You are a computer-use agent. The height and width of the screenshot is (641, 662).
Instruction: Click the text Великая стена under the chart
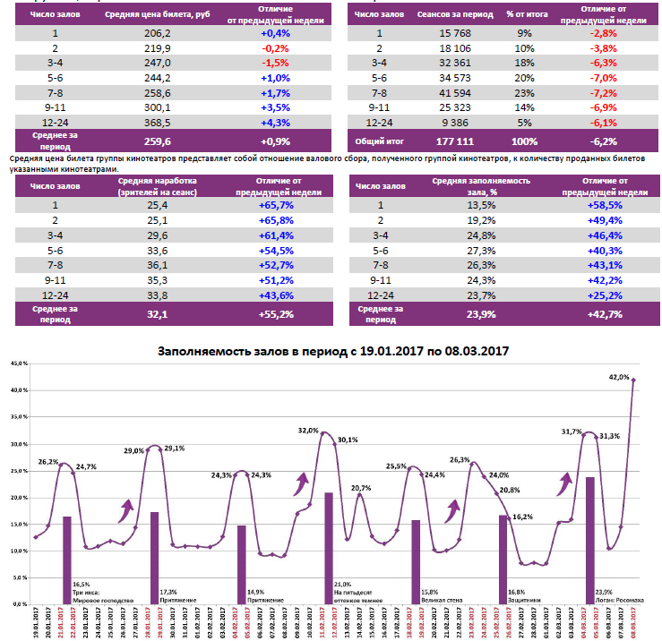coord(443,599)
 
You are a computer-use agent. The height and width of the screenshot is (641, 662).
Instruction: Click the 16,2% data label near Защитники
coord(523,517)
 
